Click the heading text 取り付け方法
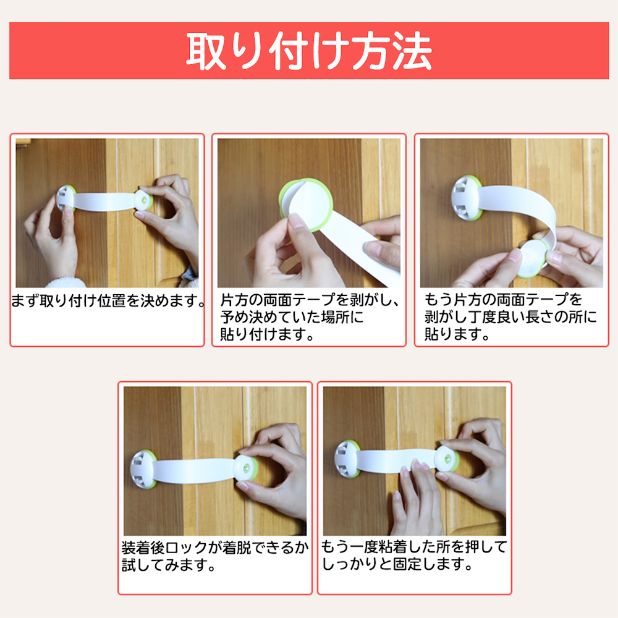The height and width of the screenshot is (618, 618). click(309, 51)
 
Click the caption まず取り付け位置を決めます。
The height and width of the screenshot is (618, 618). click(108, 301)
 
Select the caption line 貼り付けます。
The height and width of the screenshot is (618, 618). click(267, 334)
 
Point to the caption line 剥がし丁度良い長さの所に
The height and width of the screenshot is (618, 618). click(510, 317)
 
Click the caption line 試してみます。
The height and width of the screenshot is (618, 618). click(169, 565)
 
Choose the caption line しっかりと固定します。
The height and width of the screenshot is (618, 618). click(397, 564)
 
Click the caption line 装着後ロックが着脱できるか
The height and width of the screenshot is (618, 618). click(215, 548)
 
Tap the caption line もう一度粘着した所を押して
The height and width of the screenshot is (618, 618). click(414, 547)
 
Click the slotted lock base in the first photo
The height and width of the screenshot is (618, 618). click(66, 198)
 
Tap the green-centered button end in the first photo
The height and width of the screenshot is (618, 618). click(143, 201)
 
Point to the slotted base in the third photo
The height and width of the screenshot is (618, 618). click(467, 198)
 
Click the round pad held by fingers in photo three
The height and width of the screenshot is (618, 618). click(533, 258)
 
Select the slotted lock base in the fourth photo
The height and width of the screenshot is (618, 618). click(143, 469)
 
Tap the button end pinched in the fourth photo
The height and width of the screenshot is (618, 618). click(245, 468)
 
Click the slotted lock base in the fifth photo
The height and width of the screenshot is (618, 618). click(347, 459)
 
